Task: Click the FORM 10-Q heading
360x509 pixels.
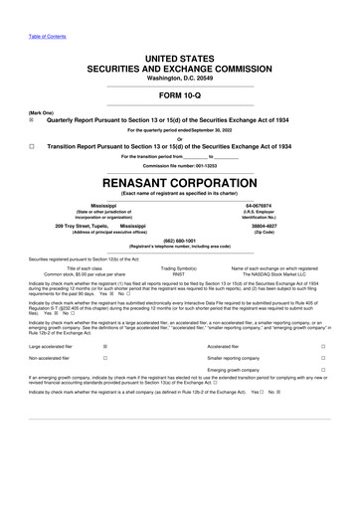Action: click(x=179, y=96)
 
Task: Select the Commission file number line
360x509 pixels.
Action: click(x=179, y=165)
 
